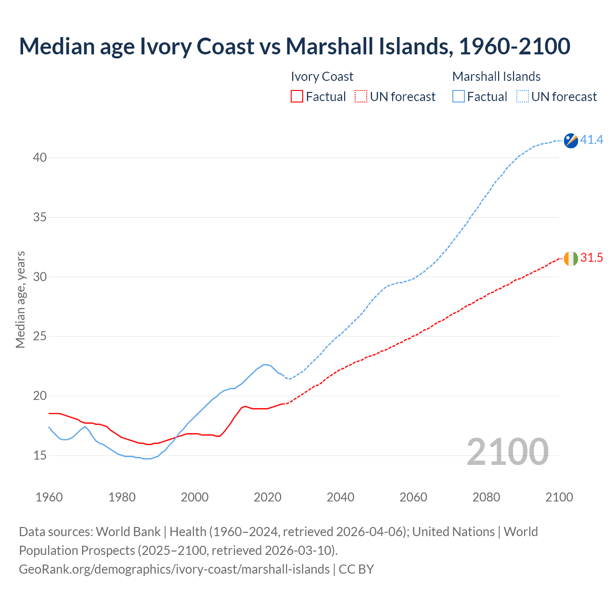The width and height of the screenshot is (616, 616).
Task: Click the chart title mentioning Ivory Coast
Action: coord(295,46)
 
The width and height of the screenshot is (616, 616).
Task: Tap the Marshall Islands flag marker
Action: coord(571,141)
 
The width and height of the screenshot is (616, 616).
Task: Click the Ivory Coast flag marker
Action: coord(571,258)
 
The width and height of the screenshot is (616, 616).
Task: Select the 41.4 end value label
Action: coord(591,140)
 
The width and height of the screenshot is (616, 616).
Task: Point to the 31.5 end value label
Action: coord(591,258)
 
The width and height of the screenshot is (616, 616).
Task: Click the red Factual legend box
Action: coord(297,97)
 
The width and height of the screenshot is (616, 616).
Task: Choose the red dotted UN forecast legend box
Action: coord(361,97)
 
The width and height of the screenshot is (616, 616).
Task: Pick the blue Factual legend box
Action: coord(459,97)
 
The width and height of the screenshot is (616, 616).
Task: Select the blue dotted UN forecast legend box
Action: coord(523,97)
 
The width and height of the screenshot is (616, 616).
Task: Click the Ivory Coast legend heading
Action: coord(322,77)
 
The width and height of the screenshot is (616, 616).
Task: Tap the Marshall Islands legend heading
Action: coord(496,77)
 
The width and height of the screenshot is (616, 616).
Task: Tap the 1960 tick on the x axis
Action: coord(49,497)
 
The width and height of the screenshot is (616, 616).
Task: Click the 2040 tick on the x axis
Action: coord(340,497)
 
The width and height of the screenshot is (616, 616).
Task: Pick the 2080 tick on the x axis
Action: coord(486,497)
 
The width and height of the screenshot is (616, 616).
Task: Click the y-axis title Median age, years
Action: coord(20,299)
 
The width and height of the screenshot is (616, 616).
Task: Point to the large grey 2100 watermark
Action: coord(507,451)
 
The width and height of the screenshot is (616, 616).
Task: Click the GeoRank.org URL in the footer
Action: coord(174,569)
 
